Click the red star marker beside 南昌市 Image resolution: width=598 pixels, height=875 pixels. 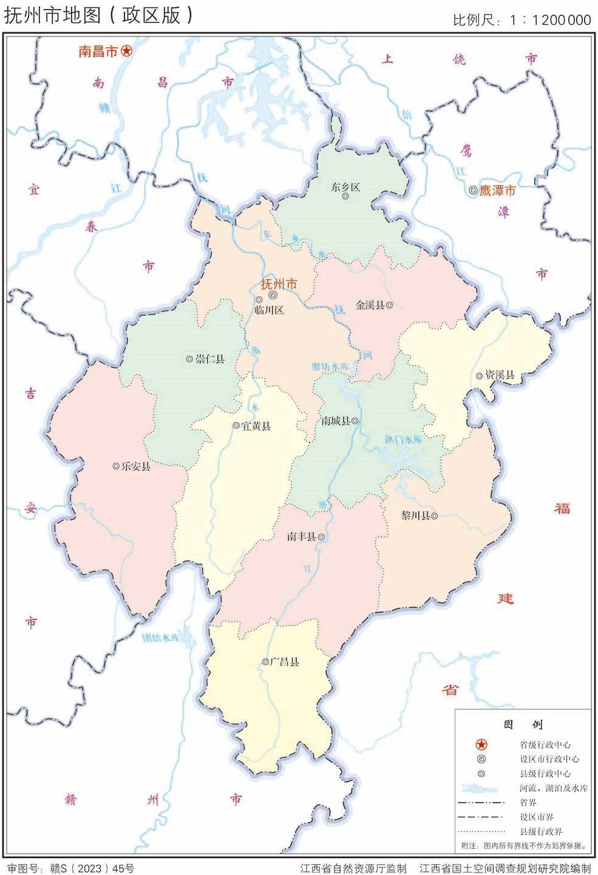126,51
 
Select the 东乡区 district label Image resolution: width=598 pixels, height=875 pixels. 345,187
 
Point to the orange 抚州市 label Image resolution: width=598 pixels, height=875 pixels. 279,284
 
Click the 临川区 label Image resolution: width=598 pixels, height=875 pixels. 269,310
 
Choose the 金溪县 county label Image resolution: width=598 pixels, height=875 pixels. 370,305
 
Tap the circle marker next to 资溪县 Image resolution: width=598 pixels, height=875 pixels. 480,375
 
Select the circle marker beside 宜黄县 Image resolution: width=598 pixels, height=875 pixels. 236,426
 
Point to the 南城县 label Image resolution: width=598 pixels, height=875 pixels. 335,420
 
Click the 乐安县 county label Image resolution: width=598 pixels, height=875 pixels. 136,466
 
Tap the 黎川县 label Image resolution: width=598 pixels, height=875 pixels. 415,516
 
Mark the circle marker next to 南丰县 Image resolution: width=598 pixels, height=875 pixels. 321,537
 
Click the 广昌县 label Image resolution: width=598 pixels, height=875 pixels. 285,662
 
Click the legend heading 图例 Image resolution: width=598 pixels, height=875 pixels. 523,724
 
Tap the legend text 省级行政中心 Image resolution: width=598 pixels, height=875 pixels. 545,744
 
